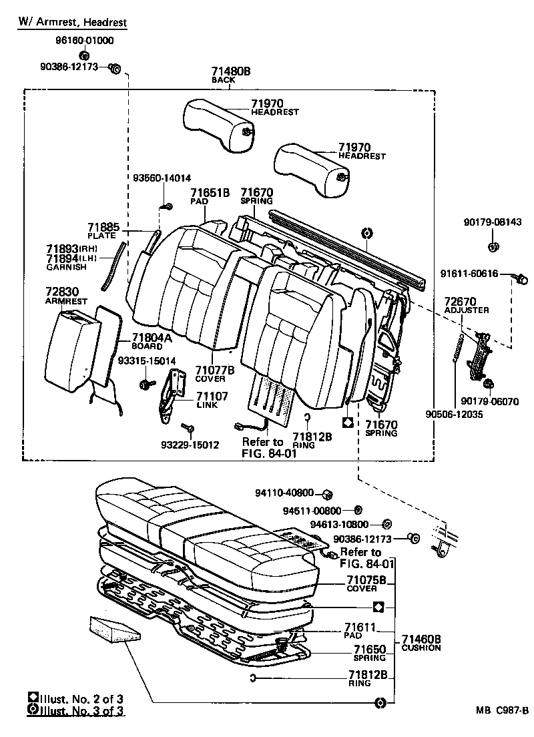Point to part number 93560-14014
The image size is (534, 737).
click(162, 178)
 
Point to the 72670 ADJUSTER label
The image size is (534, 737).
click(467, 306)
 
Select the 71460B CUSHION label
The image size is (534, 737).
click(421, 643)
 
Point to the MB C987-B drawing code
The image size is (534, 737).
click(502, 710)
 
